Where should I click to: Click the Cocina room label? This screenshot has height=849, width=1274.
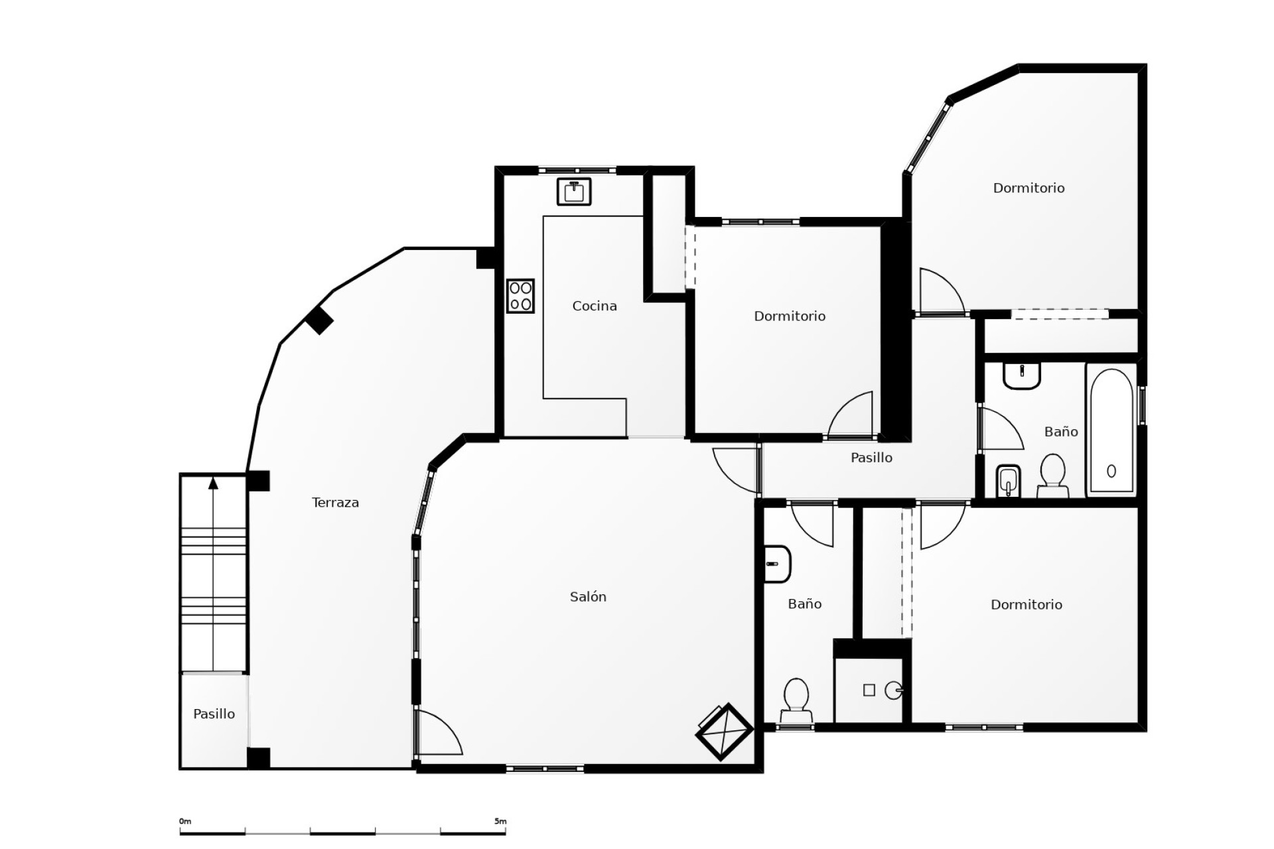(594, 306)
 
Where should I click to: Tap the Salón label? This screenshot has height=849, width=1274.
(588, 597)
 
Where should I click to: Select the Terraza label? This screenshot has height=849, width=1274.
(335, 503)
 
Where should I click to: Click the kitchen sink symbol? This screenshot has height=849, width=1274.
(574, 192)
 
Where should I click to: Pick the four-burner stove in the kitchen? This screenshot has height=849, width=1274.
(520, 296)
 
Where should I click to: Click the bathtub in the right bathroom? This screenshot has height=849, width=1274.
(1111, 431)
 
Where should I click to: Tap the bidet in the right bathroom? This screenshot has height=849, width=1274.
(1008, 480)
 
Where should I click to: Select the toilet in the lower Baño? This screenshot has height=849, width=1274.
(796, 700)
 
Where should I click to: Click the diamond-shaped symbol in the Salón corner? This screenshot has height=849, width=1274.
(723, 731)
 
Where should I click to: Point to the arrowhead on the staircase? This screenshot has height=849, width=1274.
(213, 483)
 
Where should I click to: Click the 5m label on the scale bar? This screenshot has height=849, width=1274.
(500, 821)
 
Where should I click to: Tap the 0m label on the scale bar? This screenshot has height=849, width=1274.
(185, 821)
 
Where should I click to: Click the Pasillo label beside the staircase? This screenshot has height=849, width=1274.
(214, 714)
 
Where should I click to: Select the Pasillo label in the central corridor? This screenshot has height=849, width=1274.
(871, 458)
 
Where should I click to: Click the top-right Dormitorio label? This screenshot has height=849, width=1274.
(1028, 188)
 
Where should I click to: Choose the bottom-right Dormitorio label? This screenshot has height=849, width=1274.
(1026, 605)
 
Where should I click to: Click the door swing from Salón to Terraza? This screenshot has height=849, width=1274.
(438, 733)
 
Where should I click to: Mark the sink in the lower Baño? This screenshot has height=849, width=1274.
(776, 564)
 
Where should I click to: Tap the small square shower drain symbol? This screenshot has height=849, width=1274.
(869, 690)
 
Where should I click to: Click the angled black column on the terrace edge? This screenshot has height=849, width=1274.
(319, 321)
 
